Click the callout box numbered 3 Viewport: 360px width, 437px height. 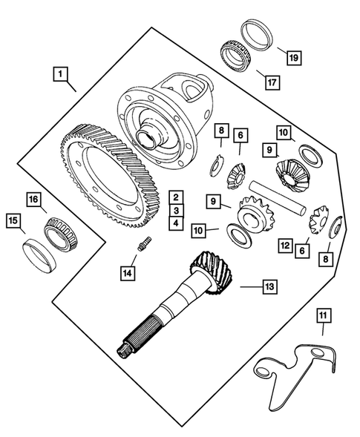pyautogui.click(x=175, y=210)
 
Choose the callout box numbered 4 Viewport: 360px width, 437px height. pyautogui.click(x=175, y=223)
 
